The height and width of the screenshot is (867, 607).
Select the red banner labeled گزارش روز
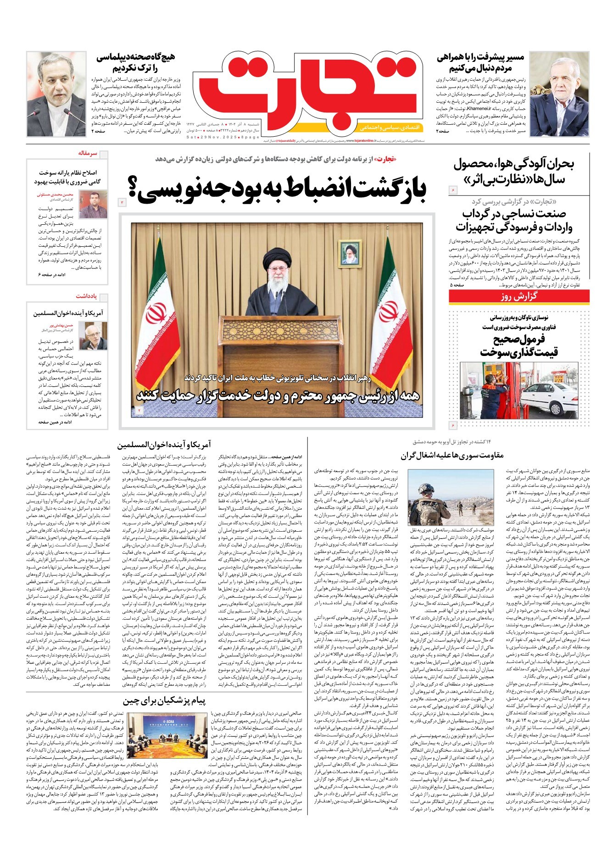pos(519,296)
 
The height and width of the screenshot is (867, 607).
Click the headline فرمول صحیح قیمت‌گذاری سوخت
pos(519,345)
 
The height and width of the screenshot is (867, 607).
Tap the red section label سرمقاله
pos(88,153)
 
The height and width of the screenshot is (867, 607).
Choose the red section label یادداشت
pos(86,296)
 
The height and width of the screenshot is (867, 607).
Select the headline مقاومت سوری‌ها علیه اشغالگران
pos(452,456)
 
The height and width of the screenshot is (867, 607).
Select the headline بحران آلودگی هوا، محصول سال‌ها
pos(514,171)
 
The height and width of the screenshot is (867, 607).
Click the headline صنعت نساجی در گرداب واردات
pos(514,220)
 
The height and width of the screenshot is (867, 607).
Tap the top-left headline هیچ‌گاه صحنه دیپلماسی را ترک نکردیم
pos(136,63)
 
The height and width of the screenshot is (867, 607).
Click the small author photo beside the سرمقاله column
pos(93,205)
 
